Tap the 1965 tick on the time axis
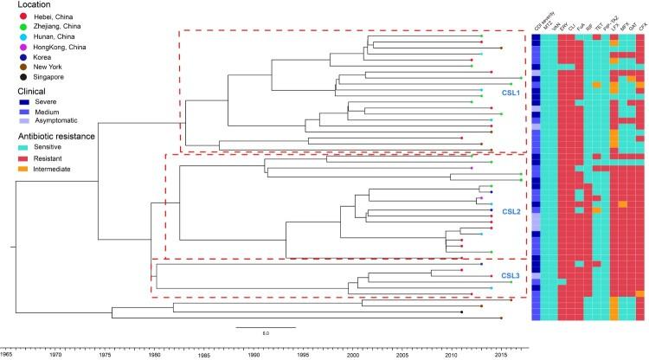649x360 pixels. (x=6, y=353)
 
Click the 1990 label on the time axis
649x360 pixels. (x=254, y=353)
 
